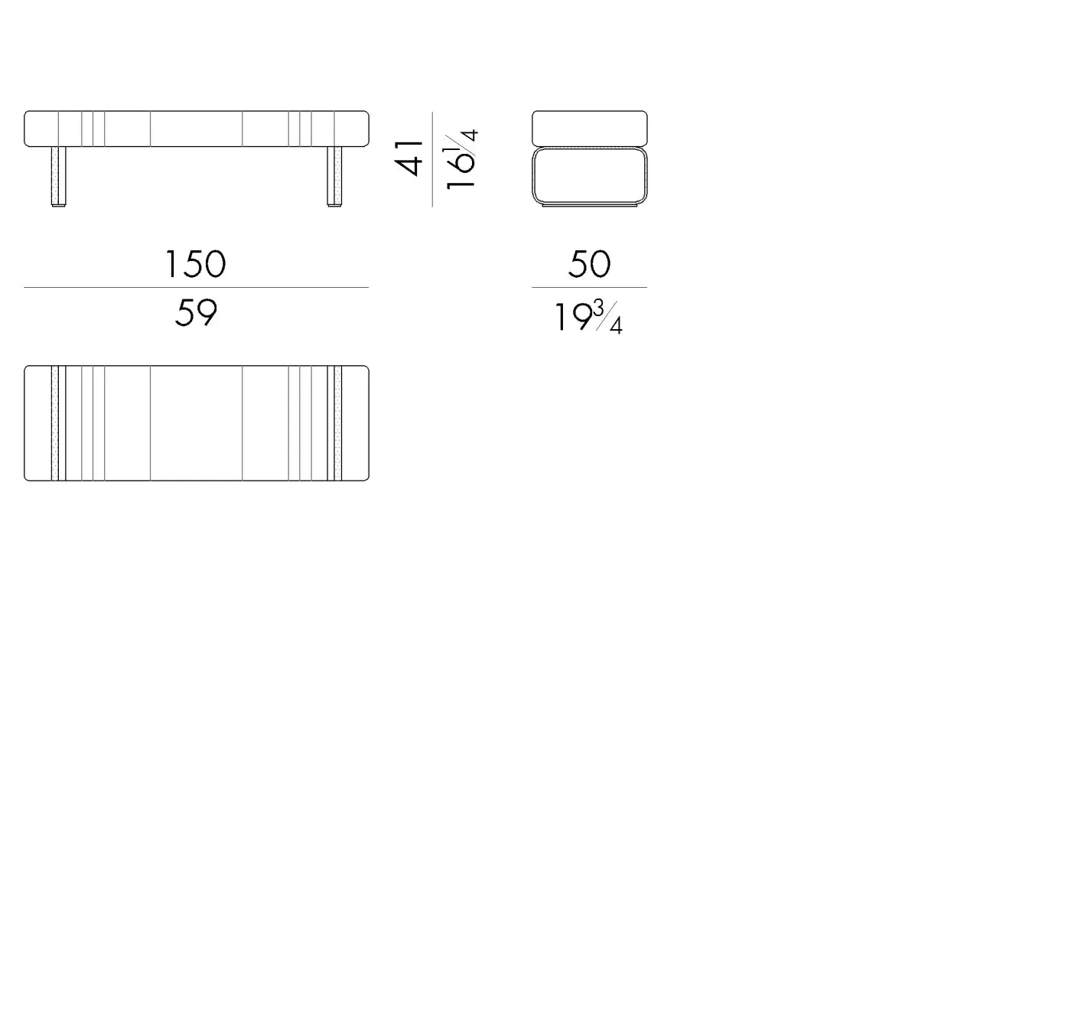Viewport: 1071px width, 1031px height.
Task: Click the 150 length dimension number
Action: (x=195, y=264)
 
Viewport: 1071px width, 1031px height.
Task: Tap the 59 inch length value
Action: (x=196, y=313)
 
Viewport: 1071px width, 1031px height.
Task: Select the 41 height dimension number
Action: (x=409, y=158)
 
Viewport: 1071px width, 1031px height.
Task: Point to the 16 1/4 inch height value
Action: (x=460, y=160)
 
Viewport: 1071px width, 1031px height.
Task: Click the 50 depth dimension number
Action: (x=590, y=264)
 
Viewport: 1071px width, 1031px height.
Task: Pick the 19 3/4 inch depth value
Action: (x=588, y=317)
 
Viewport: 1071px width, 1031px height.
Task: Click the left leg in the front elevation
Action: (x=58, y=177)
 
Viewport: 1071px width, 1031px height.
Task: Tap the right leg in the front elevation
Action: (x=334, y=177)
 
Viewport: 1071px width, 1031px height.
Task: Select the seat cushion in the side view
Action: (x=590, y=129)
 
